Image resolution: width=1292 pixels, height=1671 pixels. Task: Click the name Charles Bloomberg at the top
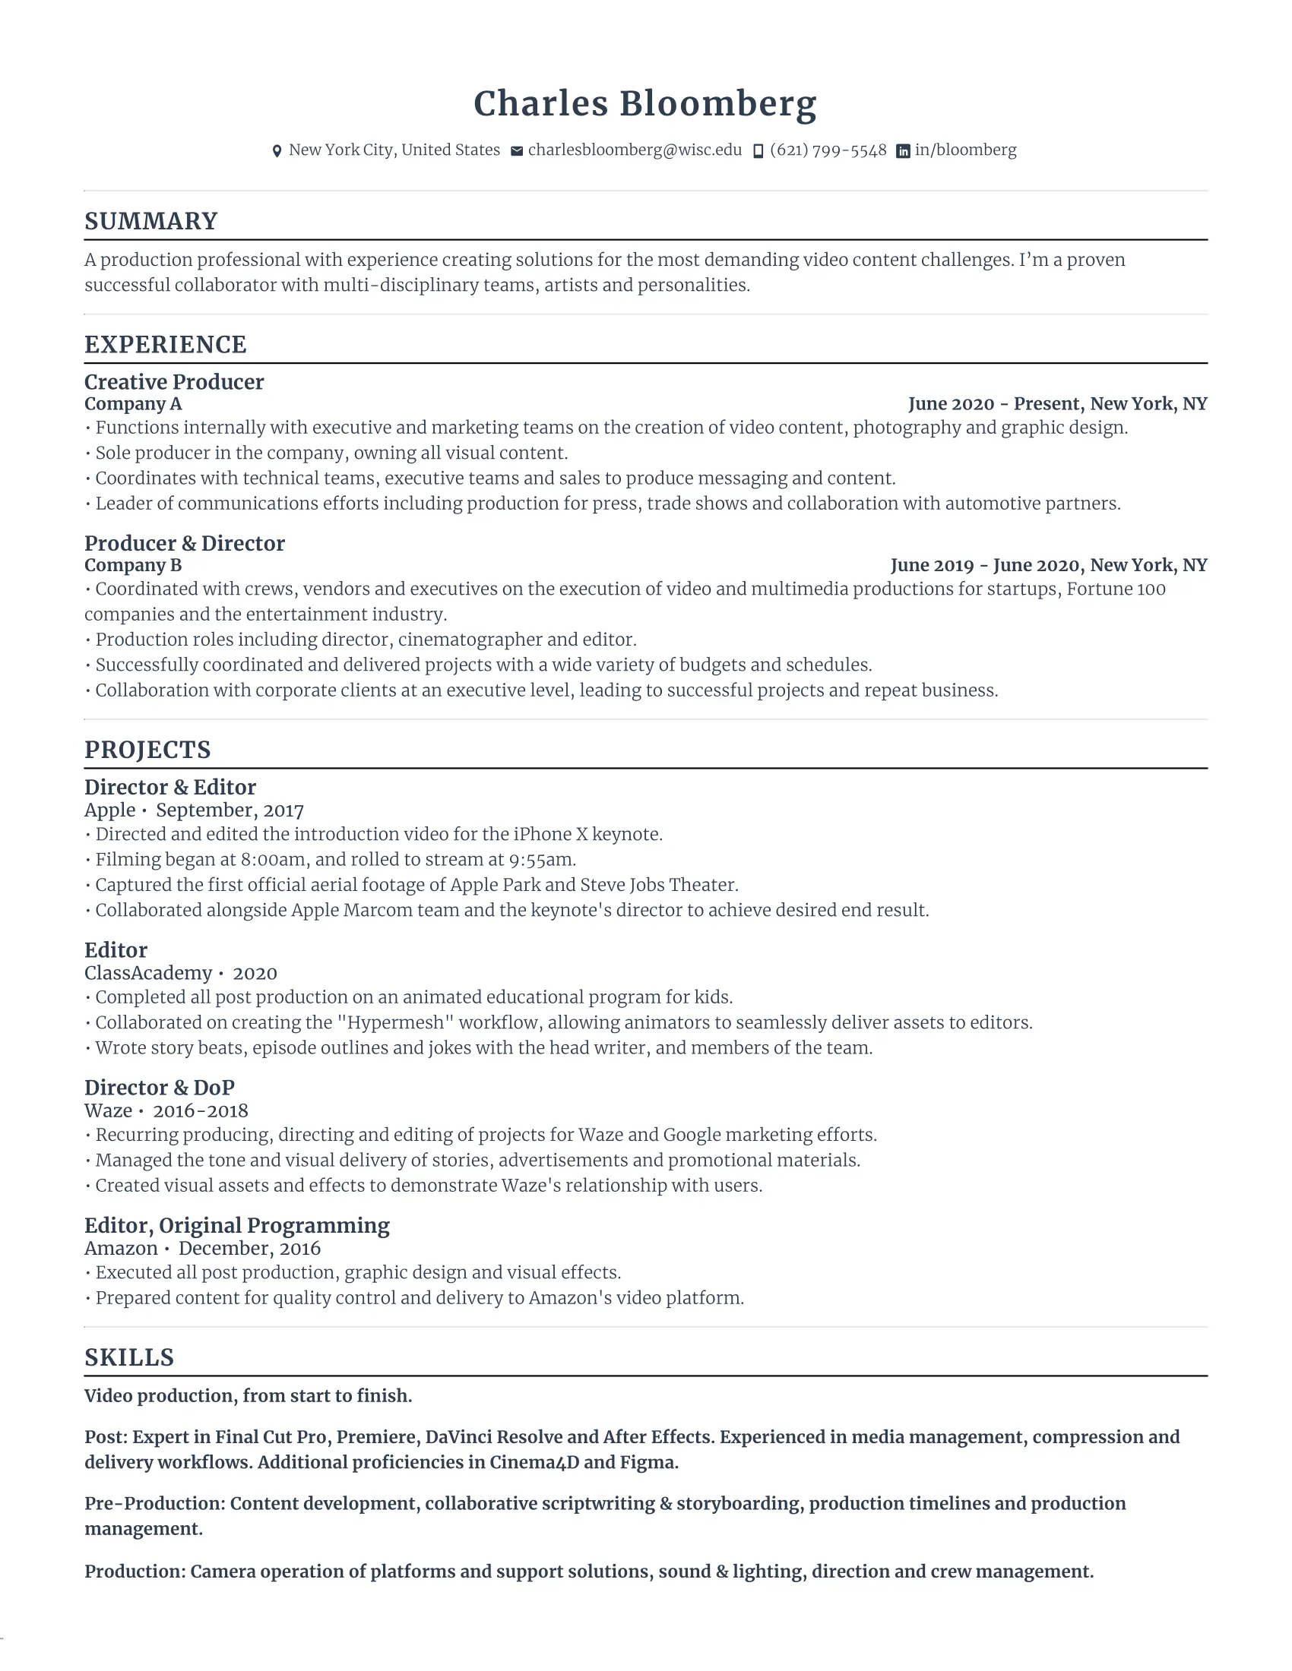point(645,104)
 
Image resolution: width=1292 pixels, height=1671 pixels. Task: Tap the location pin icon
point(277,151)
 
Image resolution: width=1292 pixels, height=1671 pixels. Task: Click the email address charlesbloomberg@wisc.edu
point(635,150)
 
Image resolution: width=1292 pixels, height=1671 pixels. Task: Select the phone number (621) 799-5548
point(828,150)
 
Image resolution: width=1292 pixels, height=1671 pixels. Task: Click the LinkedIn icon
point(903,151)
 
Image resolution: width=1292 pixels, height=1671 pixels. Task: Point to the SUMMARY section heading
point(150,221)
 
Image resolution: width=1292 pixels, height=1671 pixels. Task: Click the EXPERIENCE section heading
point(166,345)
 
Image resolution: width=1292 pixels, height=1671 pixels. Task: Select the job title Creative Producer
point(174,382)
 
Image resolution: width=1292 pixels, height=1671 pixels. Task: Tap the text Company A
point(133,404)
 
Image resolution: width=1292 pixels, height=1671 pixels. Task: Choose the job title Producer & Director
point(185,543)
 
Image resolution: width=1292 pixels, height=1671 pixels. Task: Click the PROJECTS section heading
point(147,750)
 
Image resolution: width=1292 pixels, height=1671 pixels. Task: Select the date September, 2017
point(230,810)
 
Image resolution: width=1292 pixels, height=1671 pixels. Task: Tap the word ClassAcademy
point(147,973)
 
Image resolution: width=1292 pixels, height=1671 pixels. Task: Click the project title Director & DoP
point(159,1087)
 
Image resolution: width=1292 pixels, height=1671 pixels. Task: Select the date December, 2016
point(249,1249)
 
